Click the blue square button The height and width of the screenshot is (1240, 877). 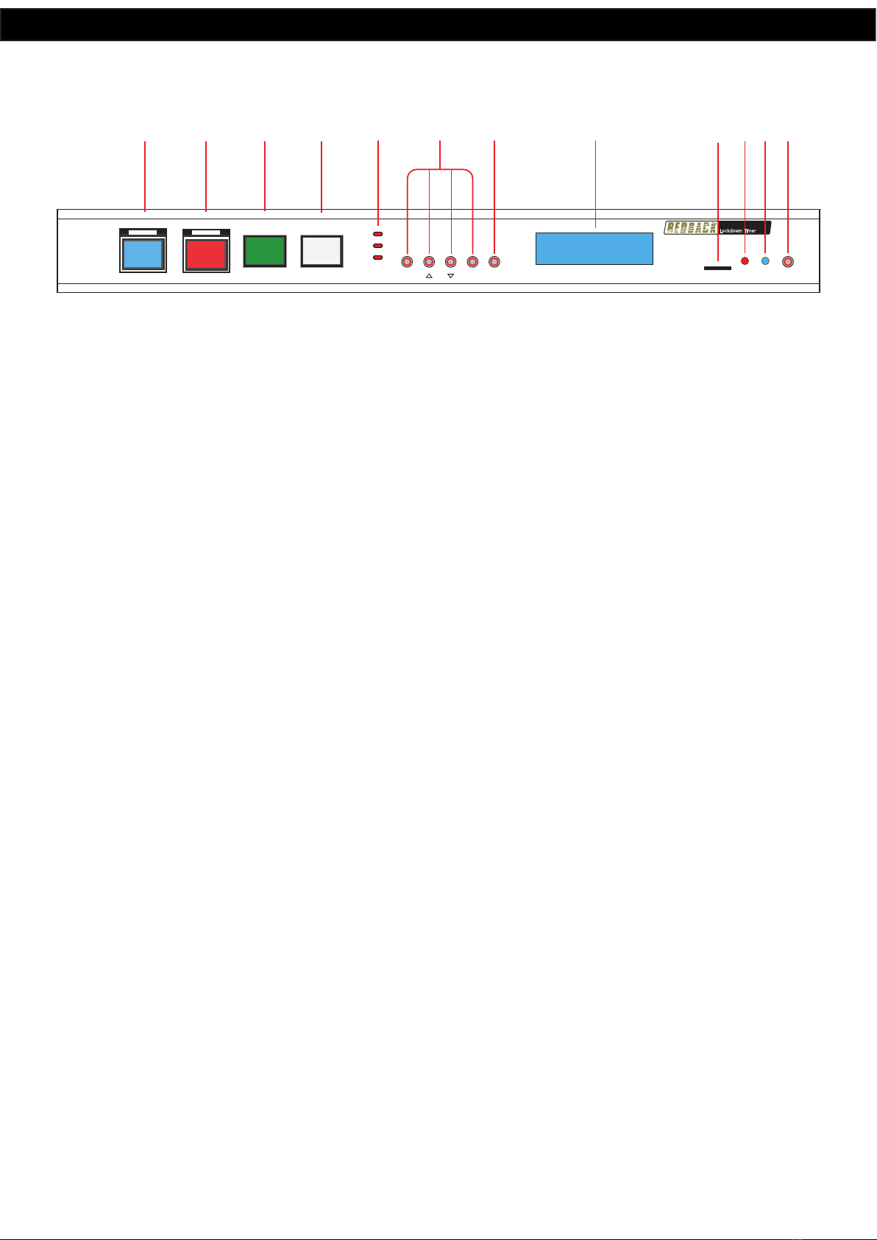tap(143, 253)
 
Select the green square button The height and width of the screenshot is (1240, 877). tap(265, 251)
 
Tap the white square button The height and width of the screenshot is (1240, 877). tap(322, 251)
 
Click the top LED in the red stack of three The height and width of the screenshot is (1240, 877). tap(378, 233)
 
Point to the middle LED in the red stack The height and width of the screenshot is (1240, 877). tap(378, 246)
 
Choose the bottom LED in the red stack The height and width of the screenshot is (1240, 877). tap(378, 258)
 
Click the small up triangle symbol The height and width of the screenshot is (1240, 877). tap(429, 276)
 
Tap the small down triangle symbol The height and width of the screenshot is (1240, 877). tap(451, 276)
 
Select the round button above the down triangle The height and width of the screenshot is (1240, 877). tap(451, 261)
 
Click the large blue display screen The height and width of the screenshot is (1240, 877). tap(594, 249)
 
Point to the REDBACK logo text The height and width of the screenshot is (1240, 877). tap(691, 228)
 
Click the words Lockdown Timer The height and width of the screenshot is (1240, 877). tap(738, 230)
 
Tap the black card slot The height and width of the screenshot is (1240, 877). tap(717, 268)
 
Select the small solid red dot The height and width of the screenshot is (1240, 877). tap(745, 261)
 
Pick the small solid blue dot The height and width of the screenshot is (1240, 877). tap(765, 261)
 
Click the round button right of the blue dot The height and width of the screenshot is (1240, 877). tap(788, 261)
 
